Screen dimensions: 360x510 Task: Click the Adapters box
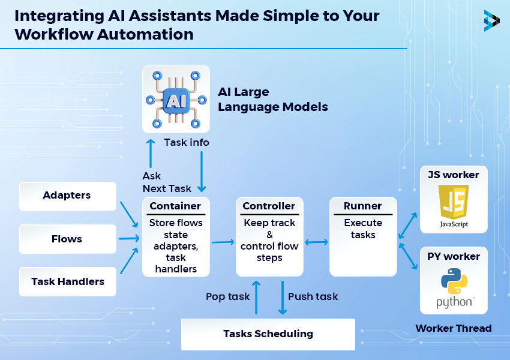[67, 196]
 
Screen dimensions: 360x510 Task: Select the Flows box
[67, 239]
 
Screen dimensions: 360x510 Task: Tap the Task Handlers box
[67, 281]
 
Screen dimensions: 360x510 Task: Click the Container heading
[175, 206]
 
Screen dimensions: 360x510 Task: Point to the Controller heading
[269, 206]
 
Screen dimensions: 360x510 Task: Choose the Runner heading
[362, 206]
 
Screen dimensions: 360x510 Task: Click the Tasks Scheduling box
[268, 334]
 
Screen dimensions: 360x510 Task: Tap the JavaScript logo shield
[454, 203]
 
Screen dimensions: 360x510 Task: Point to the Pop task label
[227, 296]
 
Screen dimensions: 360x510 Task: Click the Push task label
[313, 296]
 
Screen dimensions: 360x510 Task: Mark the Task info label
[187, 142]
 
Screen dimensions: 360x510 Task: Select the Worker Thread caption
[453, 328]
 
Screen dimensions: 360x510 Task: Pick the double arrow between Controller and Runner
[317, 242]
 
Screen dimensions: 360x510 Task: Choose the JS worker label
[453, 175]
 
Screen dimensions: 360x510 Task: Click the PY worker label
[453, 256]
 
